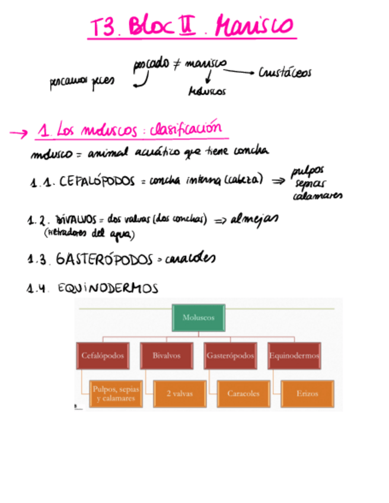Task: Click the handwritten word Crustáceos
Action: (285, 73)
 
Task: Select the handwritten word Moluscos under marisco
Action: (207, 92)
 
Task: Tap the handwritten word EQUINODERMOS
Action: (108, 288)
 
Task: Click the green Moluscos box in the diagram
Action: (199, 318)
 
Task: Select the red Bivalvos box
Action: (166, 356)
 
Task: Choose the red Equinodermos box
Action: (294, 356)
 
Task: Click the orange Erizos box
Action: (307, 393)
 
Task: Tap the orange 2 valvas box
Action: (178, 393)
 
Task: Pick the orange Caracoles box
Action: (243, 393)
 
